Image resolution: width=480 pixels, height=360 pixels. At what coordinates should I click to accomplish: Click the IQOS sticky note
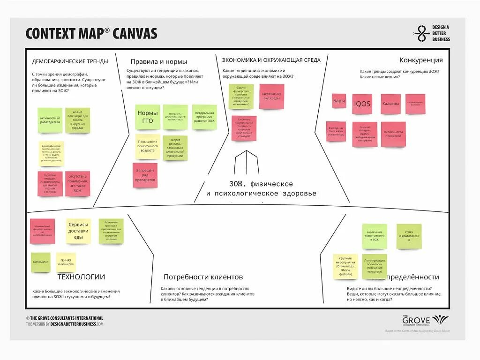click(x=362, y=104)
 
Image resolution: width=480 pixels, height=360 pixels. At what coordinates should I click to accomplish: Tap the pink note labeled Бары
click(x=339, y=101)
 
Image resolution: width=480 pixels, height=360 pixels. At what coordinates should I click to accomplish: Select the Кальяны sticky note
click(x=390, y=104)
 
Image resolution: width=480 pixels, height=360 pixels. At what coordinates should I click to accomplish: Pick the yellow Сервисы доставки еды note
click(x=78, y=231)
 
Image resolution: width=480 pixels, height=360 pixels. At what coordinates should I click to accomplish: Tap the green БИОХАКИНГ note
click(x=41, y=262)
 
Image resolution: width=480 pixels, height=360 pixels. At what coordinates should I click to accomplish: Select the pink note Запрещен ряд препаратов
click(x=145, y=175)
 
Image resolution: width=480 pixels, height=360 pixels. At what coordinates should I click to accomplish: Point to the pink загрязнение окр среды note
click(x=271, y=96)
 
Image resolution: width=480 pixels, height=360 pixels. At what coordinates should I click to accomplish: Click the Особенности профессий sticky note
click(x=393, y=134)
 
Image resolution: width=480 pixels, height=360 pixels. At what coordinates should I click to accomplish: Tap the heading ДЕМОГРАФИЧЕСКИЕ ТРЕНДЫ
click(x=70, y=61)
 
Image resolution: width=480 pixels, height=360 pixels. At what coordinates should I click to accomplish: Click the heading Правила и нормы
click(x=158, y=61)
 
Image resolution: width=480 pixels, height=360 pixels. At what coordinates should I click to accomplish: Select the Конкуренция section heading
click(x=421, y=60)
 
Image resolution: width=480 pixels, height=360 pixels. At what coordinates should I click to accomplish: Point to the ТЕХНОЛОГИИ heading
click(x=81, y=277)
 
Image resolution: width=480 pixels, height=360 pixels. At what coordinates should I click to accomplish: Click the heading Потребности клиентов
click(x=203, y=277)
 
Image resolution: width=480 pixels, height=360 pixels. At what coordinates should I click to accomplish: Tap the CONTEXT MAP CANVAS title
click(x=91, y=33)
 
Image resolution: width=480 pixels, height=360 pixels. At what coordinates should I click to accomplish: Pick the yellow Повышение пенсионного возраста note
click(x=148, y=146)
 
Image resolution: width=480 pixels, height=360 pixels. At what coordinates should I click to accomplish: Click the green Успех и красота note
click(x=409, y=236)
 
